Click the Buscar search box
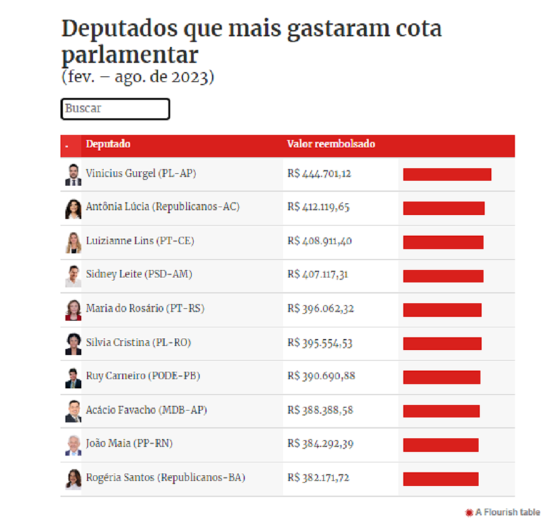point(115,109)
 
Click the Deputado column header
point(108,144)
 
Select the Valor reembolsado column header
point(331,144)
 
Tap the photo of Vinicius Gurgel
point(73,174)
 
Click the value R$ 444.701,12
point(319,174)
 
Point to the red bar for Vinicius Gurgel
point(447,174)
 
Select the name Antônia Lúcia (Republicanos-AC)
point(162,207)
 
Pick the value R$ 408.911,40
point(319,241)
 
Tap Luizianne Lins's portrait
point(73,242)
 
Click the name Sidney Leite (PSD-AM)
point(139,274)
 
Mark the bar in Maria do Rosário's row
point(442,310)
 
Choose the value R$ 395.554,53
point(319,343)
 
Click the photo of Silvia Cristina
point(73,343)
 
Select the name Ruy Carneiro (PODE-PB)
point(142,376)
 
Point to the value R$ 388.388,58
point(319,410)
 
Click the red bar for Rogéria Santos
point(440,478)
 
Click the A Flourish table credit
point(503,512)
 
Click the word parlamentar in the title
point(129,55)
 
